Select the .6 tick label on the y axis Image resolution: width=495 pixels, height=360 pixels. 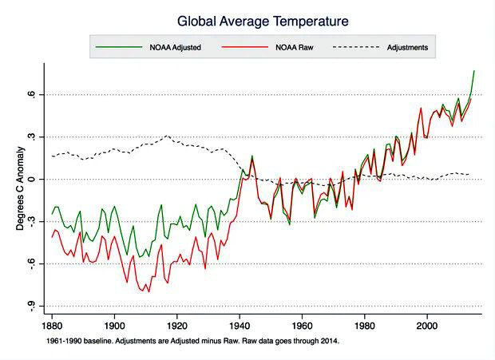tap(31, 95)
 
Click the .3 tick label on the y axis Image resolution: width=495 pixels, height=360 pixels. tap(31, 137)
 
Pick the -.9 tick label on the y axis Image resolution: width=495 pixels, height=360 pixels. tap(31, 306)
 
